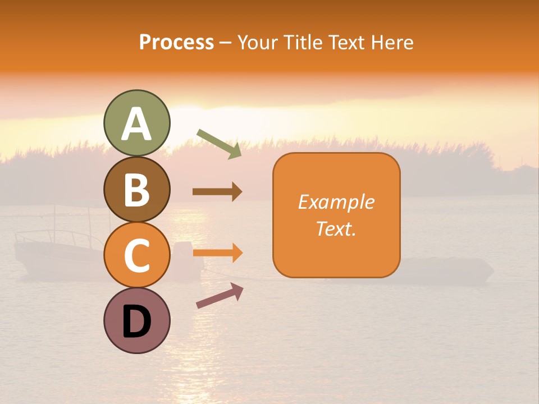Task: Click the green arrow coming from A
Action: tap(219, 144)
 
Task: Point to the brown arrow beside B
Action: tap(217, 192)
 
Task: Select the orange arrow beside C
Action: tap(217, 253)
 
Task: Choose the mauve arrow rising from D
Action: tap(220, 296)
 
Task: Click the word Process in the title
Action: tap(176, 43)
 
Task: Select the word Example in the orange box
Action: tap(336, 202)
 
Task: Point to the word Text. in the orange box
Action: tap(336, 228)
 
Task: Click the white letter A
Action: tap(136, 125)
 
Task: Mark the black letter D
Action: tap(136, 322)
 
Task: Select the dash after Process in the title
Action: tap(226, 43)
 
